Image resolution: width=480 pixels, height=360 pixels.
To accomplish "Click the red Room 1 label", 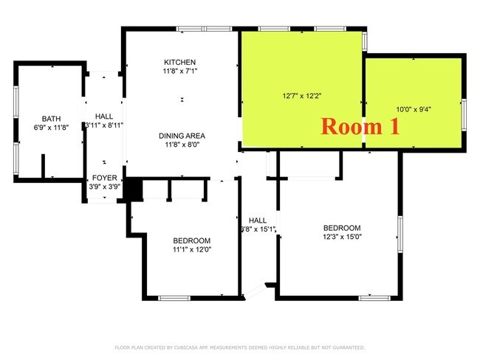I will pyautogui.click(x=360, y=126).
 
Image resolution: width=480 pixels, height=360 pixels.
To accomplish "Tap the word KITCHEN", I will pyautogui.click(x=180, y=62).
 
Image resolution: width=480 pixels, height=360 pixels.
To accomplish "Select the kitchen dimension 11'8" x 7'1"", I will pyautogui.click(x=180, y=72).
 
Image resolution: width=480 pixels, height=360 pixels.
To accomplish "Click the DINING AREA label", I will pyautogui.click(x=181, y=136).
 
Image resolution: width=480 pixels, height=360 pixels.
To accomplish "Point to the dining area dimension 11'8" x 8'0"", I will pyautogui.click(x=181, y=145).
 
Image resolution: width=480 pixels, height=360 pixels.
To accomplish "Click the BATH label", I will pyautogui.click(x=51, y=118).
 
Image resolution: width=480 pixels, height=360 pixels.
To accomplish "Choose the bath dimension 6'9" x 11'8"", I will pyautogui.click(x=51, y=128).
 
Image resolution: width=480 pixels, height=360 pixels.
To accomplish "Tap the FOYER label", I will pyautogui.click(x=103, y=179).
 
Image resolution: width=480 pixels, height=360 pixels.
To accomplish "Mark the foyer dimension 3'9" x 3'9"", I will pyautogui.click(x=103, y=187).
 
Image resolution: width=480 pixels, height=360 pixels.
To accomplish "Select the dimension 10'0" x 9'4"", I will pyautogui.click(x=414, y=109).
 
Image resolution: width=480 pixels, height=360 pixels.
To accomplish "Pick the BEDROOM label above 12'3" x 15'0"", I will pyautogui.click(x=342, y=227).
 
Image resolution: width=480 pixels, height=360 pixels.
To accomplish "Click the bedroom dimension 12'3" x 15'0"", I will pyautogui.click(x=342, y=237).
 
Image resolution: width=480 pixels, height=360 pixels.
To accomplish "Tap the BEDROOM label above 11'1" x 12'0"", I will pyautogui.click(x=192, y=240).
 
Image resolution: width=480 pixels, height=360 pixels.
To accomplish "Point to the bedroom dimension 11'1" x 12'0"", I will pyautogui.click(x=192, y=250).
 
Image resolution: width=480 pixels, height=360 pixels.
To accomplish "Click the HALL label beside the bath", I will pyautogui.click(x=104, y=116).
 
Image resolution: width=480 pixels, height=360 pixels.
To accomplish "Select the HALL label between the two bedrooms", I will pyautogui.click(x=258, y=220).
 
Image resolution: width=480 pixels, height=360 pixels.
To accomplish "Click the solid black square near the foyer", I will pyautogui.click(x=132, y=189).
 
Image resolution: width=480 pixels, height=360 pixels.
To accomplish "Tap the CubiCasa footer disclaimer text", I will pyautogui.click(x=240, y=347).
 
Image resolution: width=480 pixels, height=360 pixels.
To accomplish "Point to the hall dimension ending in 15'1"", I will pyautogui.click(x=258, y=229).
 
